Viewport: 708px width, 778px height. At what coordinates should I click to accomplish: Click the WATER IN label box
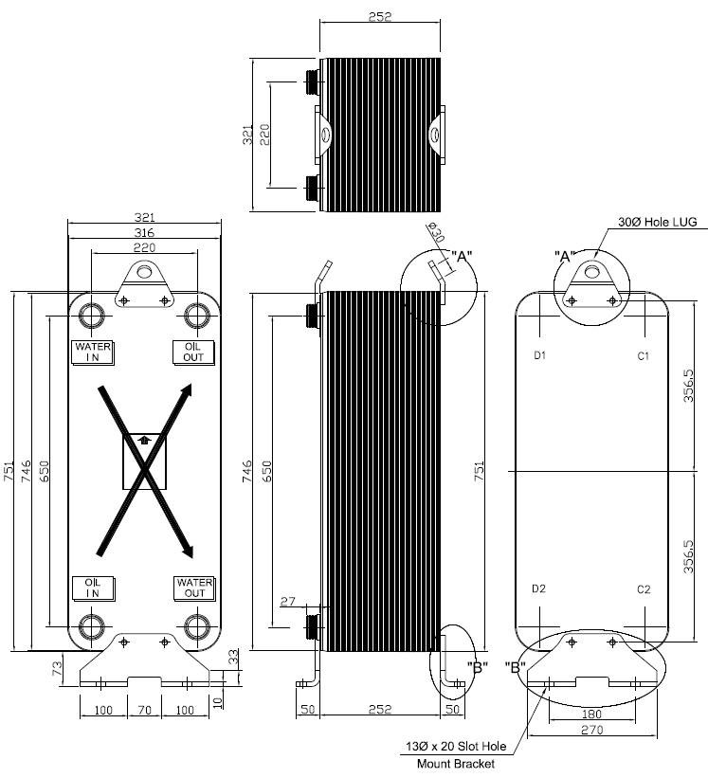(93, 352)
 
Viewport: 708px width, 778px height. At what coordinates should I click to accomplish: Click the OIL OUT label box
(193, 352)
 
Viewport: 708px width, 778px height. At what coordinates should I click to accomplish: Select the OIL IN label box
(93, 588)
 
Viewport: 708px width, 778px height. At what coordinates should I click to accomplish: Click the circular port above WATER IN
(93, 315)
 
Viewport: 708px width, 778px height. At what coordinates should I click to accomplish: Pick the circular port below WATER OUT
(197, 626)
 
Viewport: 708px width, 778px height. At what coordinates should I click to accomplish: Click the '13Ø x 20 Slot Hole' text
(456, 747)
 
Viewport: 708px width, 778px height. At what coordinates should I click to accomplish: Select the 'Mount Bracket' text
(456, 763)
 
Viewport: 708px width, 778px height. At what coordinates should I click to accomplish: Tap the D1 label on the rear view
(539, 355)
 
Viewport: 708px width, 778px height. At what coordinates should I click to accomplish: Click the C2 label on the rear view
(644, 588)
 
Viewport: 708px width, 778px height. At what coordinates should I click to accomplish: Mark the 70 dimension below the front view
(144, 710)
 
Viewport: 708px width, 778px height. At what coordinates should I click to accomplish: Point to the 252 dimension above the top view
(380, 16)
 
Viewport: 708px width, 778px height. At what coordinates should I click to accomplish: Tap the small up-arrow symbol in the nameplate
(144, 439)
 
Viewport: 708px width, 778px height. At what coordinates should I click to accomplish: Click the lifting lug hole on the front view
(144, 273)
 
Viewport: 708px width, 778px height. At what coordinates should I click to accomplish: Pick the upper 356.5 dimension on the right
(690, 386)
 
